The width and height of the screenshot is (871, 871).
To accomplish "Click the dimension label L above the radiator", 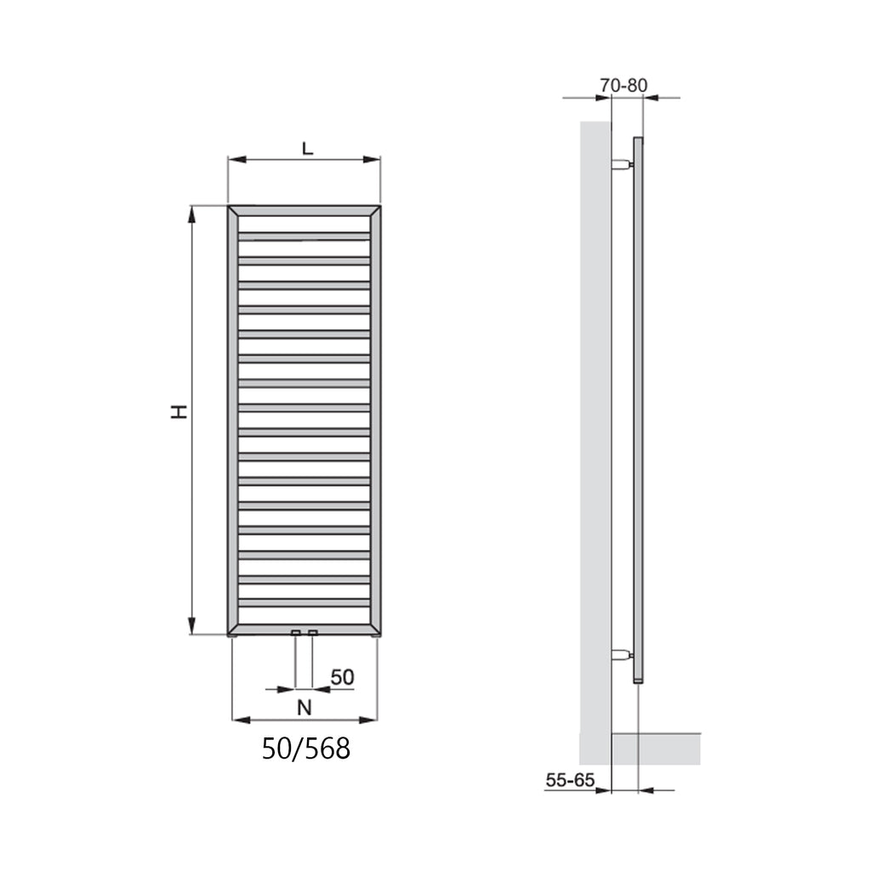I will [x=307, y=147].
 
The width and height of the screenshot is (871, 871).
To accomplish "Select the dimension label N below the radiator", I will [x=305, y=706].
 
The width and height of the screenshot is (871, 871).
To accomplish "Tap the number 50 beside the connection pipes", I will [x=342, y=677].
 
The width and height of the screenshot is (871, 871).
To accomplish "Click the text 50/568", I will [x=305, y=749].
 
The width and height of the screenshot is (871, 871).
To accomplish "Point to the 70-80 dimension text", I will [x=623, y=85].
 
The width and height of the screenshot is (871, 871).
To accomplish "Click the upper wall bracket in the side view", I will [x=622, y=164].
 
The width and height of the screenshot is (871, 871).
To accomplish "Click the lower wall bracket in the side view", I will [x=622, y=655].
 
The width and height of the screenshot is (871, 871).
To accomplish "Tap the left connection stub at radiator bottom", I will [x=295, y=633].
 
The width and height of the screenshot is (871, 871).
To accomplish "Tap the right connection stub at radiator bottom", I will [x=313, y=633].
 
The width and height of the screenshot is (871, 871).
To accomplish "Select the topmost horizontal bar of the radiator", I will [x=304, y=236].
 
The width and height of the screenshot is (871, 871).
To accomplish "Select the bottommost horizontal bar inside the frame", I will [x=304, y=603].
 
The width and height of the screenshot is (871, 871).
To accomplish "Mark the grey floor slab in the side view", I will [x=656, y=749].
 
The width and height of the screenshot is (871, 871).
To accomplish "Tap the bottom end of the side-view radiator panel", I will [x=639, y=680].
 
